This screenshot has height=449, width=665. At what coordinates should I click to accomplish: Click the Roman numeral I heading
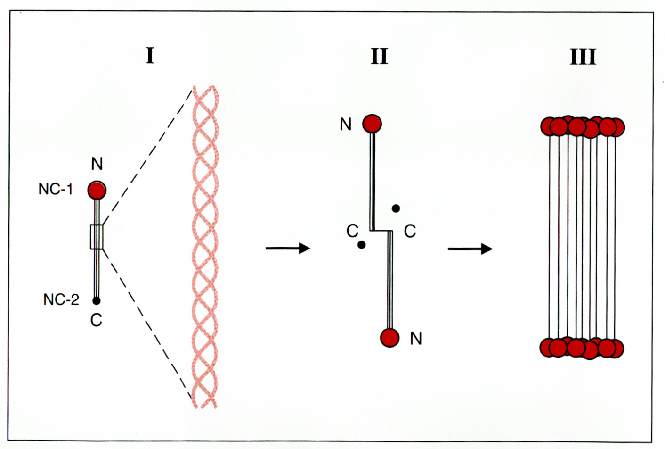[x=150, y=56]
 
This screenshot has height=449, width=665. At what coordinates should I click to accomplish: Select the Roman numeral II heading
[x=379, y=56]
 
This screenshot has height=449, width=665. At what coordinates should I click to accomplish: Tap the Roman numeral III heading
[x=583, y=57]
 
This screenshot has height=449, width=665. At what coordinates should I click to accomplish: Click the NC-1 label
[x=56, y=189]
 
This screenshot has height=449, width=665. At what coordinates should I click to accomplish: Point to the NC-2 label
[x=61, y=299]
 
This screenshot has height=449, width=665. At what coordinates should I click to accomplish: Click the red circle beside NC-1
[x=97, y=191]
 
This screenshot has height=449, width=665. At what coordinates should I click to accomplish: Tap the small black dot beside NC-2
[x=97, y=300]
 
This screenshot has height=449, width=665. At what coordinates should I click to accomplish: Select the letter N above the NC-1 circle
[x=97, y=164]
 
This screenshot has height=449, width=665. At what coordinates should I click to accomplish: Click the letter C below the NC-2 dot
[x=96, y=320]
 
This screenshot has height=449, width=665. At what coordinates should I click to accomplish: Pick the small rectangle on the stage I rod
[x=97, y=237]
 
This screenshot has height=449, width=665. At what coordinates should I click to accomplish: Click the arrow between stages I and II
[x=288, y=248]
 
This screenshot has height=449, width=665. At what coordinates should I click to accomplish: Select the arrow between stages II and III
[x=470, y=249]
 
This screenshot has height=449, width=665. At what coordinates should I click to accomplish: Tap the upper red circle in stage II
[x=372, y=124]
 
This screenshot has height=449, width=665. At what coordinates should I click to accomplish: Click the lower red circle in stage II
[x=390, y=338]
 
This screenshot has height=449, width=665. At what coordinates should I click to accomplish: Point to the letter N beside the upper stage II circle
[x=346, y=124]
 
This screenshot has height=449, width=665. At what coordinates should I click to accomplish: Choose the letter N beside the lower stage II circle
[x=416, y=338]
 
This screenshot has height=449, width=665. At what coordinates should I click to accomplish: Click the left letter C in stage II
[x=352, y=231]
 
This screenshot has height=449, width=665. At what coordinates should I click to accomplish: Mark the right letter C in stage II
[x=410, y=231]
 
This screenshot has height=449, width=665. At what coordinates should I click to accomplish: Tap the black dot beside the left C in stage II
[x=362, y=245]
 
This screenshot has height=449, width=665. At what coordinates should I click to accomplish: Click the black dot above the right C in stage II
[x=396, y=208]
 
